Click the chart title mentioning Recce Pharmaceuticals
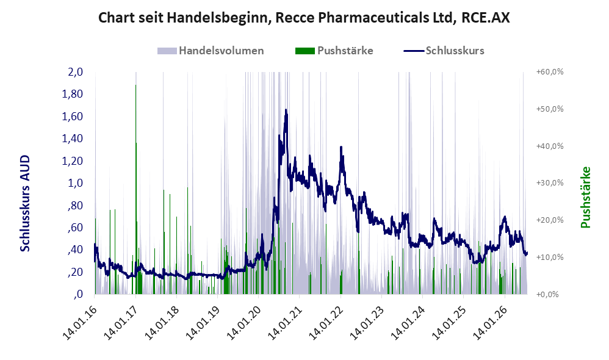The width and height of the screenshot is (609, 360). pos(304,18)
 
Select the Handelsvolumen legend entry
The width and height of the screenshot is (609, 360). pos(211,51)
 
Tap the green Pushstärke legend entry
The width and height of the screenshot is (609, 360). pos(334,51)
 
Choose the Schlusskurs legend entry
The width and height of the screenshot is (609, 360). pos(444,51)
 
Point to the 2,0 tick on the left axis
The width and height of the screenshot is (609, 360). pos(75,72)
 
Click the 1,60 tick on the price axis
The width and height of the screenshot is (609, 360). pos(73,117)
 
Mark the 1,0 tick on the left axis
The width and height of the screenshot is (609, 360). pos(75,183)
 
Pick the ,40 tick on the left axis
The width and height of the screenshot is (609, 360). pos(75,250)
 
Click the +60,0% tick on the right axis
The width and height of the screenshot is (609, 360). pos(550,72)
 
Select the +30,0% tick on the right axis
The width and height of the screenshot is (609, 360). pos(550,183)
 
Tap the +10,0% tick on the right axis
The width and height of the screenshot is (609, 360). pos(550,257)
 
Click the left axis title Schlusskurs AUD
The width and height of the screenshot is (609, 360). pos(25,203)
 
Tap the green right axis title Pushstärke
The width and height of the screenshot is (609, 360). pos(585,197)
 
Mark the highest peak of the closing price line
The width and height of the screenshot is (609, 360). pos(286,110)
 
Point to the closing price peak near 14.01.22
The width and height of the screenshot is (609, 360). pos(341,147)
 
